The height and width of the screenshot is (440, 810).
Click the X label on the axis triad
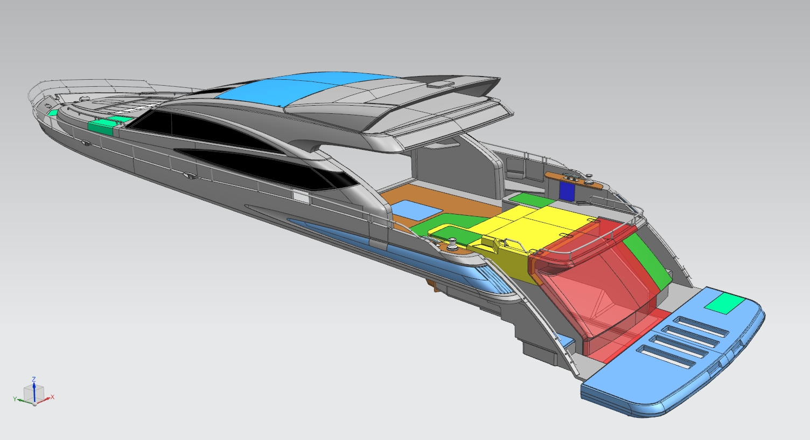[52, 397]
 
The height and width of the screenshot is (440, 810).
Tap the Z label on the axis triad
[33, 379]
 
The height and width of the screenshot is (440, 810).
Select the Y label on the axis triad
[15, 398]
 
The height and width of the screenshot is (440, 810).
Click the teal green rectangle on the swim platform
[724, 304]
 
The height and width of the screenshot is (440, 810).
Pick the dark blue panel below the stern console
[567, 191]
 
